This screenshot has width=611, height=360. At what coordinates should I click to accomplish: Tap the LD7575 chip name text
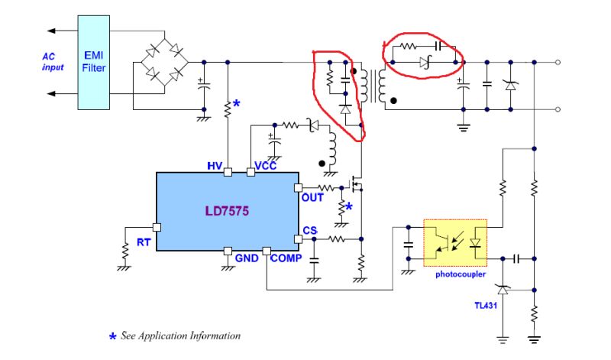point(227,209)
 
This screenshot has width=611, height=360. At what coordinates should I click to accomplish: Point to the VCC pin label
point(264,167)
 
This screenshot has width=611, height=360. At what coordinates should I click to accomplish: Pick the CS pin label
point(309,230)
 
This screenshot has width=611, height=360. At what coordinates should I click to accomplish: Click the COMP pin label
point(285,258)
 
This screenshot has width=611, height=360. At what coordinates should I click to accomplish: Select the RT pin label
point(144,242)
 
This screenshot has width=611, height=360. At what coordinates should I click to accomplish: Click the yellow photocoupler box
point(455,242)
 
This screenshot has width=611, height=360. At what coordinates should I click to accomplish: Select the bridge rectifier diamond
point(164,62)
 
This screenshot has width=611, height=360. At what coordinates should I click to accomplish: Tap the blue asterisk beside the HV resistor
point(237,103)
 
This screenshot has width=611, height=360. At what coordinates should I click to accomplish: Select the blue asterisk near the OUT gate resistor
point(349,207)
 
